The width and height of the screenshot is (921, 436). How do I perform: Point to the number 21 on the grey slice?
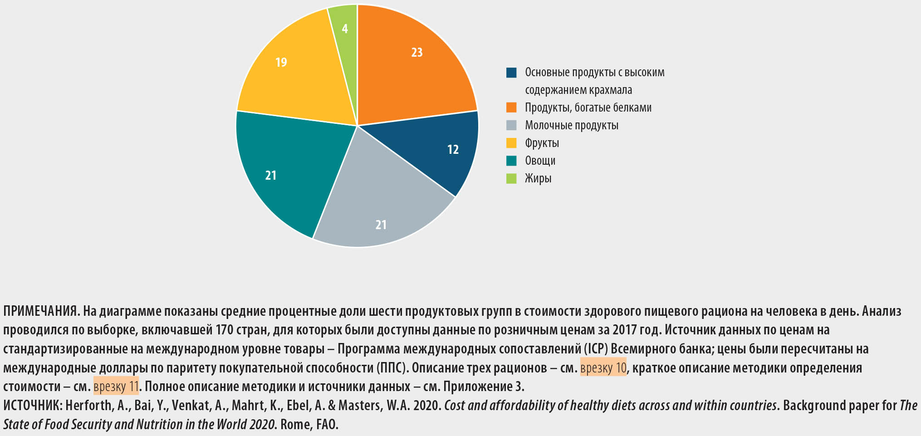pyautogui.click(x=381, y=225)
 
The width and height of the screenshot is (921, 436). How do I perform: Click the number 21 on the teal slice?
pyautogui.click(x=271, y=175)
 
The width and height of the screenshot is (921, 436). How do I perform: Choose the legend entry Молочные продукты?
pyautogui.click(x=571, y=125)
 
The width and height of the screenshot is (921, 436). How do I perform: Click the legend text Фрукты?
pyautogui.click(x=542, y=143)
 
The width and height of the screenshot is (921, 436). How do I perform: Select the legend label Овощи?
pyautogui.click(x=540, y=161)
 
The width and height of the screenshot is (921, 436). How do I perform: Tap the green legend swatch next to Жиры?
pyautogui.click(x=511, y=178)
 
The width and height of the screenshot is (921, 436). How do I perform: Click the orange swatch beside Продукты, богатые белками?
pyautogui.click(x=511, y=108)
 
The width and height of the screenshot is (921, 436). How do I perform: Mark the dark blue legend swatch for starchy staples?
pyautogui.click(x=511, y=73)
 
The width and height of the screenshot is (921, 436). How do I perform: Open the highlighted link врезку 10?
pyautogui.click(x=603, y=367)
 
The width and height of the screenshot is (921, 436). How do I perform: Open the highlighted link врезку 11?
pyautogui.click(x=116, y=387)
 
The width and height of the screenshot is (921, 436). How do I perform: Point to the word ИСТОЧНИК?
pyautogui.click(x=32, y=405)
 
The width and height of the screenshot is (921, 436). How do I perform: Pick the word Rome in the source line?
pyautogui.click(x=292, y=424)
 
